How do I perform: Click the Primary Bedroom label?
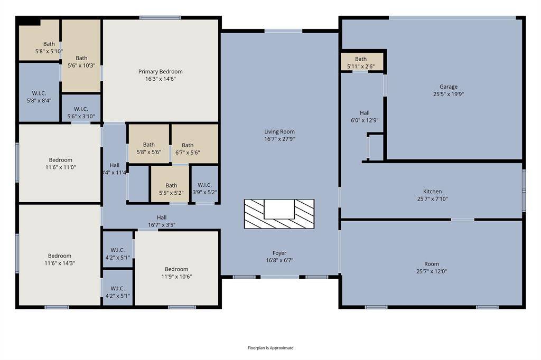pyautogui.click(x=161, y=72)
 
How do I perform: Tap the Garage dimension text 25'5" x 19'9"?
pyautogui.click(x=448, y=94)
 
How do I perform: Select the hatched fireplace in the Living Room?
pyautogui.click(x=279, y=214)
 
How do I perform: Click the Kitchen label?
pyautogui.click(x=432, y=192)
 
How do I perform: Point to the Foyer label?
pyautogui.click(x=279, y=253)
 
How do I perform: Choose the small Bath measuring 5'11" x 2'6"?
pyautogui.click(x=361, y=62)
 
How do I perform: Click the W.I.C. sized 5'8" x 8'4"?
pyautogui.click(x=39, y=97)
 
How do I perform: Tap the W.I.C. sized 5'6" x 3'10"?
pyautogui.click(x=81, y=112)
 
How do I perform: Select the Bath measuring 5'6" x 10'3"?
pyautogui.click(x=81, y=62)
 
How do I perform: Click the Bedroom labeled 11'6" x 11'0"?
pyautogui.click(x=60, y=163)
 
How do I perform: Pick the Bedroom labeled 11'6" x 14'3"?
pyautogui.click(x=59, y=259)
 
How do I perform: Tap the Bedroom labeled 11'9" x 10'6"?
pyautogui.click(x=176, y=272)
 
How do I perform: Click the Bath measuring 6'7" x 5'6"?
pyautogui.click(x=188, y=149)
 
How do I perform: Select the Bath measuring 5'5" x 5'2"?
pyautogui.click(x=171, y=189)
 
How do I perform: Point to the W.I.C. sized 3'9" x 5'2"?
pyautogui.click(x=204, y=188)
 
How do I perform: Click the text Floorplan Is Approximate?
pyautogui.click(x=270, y=348)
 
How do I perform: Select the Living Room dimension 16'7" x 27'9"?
pyautogui.click(x=279, y=139)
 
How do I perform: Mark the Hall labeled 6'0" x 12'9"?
pyautogui.click(x=365, y=116)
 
